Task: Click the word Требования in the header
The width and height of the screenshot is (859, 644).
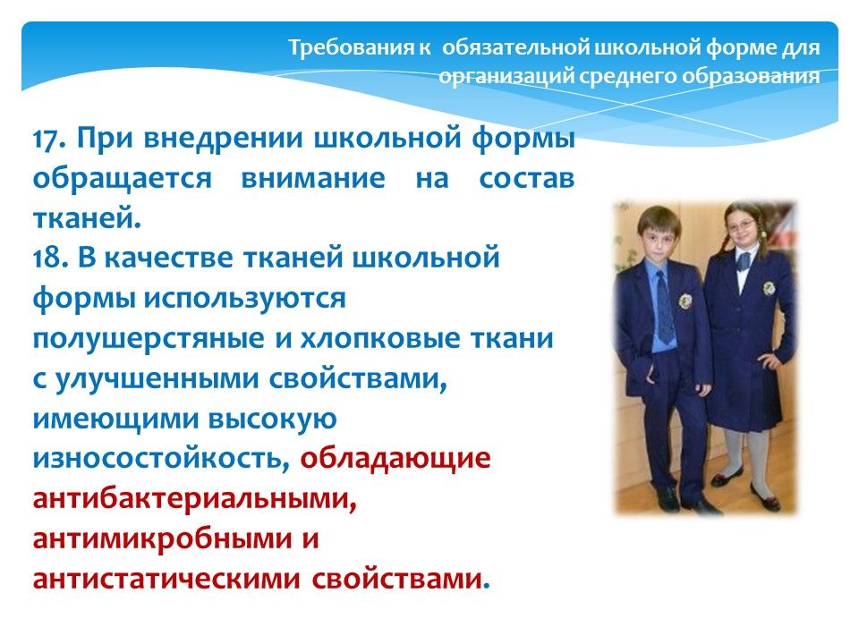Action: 353,47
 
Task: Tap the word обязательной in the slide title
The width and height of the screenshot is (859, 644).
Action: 515,48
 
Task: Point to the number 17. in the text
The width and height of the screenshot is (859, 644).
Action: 50,138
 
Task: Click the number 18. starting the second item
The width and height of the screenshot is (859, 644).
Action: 50,258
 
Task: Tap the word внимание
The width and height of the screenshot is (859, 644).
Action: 313,179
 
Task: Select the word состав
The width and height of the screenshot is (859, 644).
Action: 526,179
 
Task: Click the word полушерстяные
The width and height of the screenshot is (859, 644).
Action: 149,339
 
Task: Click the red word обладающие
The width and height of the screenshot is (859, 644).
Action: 395,459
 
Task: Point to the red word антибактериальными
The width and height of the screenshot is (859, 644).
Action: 194,499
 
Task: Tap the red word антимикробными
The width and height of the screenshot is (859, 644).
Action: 161,538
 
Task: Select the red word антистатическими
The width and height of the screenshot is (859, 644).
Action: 166,580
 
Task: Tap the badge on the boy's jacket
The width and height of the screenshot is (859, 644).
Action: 685,301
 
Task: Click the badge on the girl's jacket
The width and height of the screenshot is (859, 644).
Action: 769,288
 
